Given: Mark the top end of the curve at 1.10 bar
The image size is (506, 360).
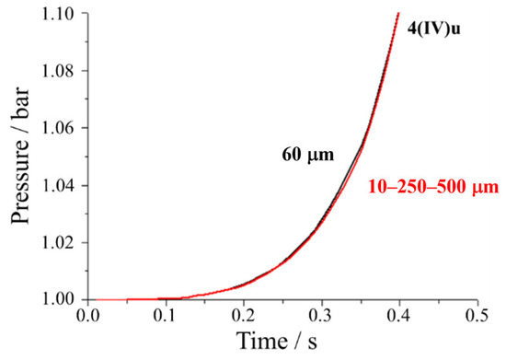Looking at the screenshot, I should pos(398,14).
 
